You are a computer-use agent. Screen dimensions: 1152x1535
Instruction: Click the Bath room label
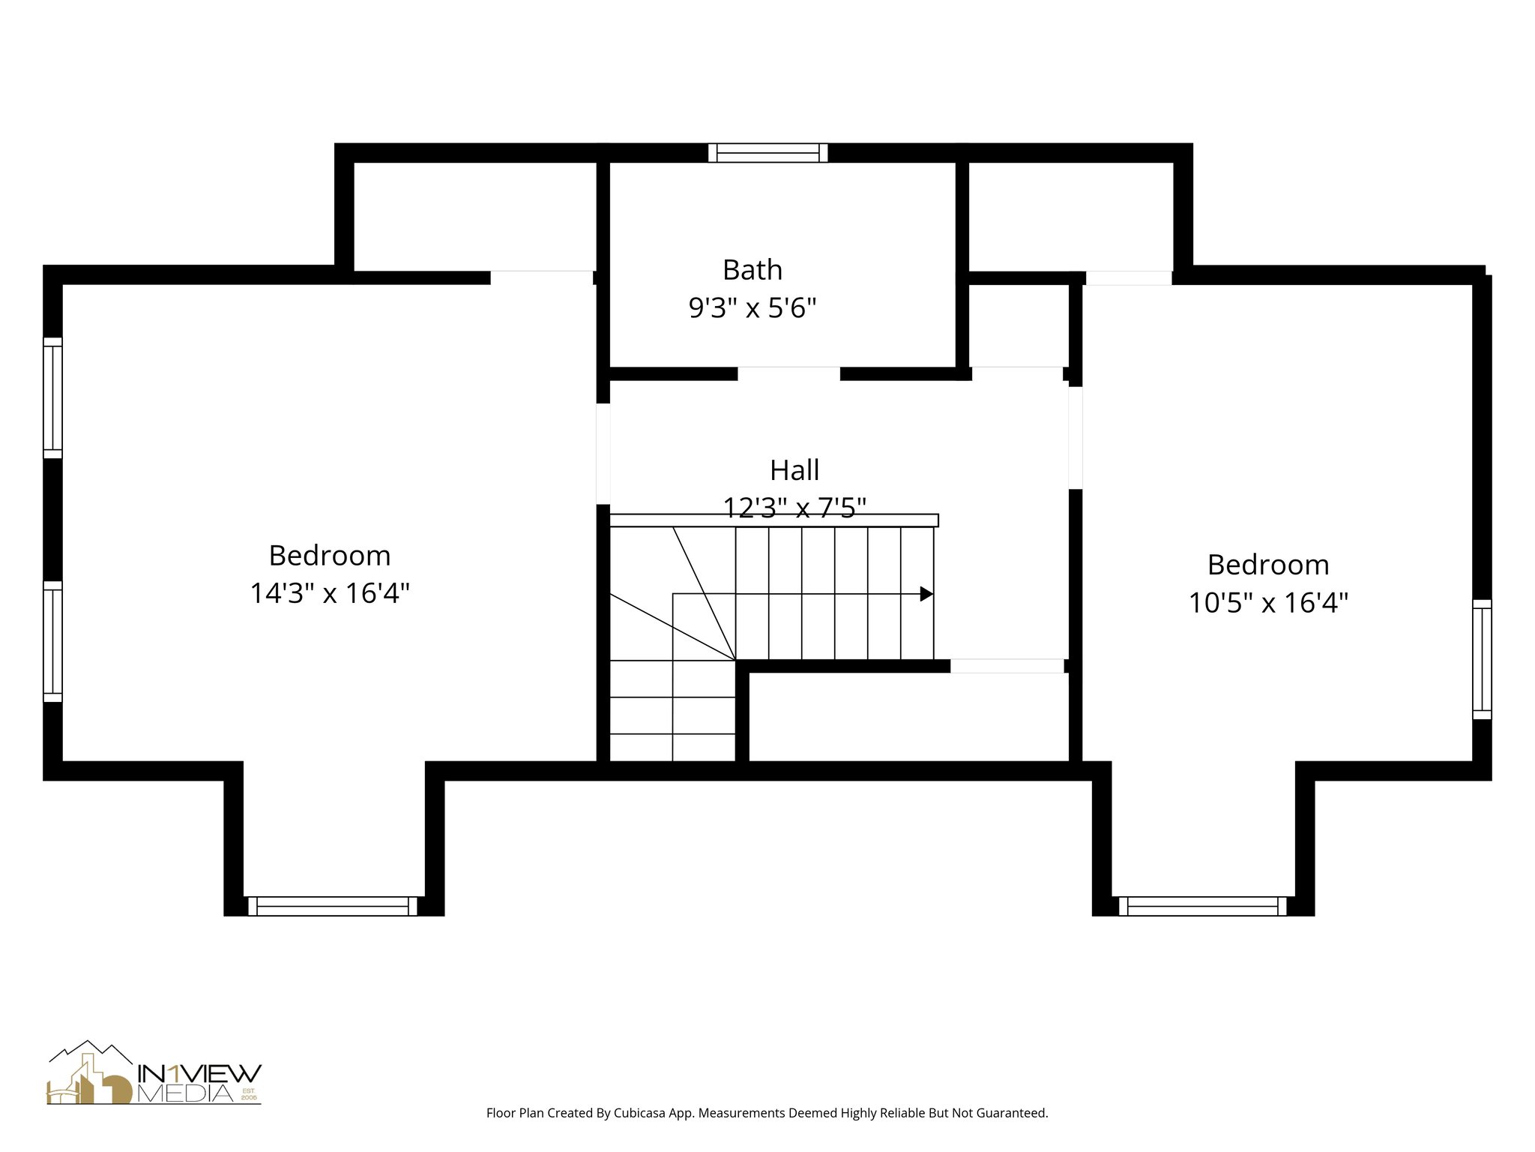pos(752,270)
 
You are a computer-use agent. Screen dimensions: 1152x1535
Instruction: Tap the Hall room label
pos(794,470)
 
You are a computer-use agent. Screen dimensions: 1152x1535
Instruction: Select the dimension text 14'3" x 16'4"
pos(330,593)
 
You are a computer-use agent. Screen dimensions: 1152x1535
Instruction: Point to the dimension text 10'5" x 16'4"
pos(1268,602)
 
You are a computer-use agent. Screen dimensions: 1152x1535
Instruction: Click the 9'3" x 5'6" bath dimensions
pos(752,307)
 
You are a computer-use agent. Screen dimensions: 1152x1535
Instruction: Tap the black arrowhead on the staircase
pos(926,594)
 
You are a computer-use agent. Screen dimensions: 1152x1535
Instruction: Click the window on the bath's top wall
pos(768,153)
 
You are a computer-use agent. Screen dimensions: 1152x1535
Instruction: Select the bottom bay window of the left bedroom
pos(332,906)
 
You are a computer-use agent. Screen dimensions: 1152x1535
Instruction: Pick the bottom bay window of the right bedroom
pos(1202,906)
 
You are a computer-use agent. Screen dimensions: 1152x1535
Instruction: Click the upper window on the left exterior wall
pos(52,397)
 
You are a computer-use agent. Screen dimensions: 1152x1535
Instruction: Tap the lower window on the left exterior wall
pos(52,641)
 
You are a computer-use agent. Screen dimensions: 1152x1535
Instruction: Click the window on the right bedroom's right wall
pos(1482,659)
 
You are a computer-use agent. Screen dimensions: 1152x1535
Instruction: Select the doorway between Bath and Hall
pos(788,373)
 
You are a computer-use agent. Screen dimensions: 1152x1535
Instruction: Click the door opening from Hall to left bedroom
pos(603,454)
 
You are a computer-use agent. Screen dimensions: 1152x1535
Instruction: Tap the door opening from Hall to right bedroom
pos(1075,437)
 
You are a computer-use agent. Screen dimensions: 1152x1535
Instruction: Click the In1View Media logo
pos(154,1073)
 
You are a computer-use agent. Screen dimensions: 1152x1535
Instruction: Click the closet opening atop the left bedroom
pos(542,277)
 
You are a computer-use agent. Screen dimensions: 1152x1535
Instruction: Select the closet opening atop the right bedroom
pos(1128,277)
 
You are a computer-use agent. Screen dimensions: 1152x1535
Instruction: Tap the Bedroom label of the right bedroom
pos(1268,565)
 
